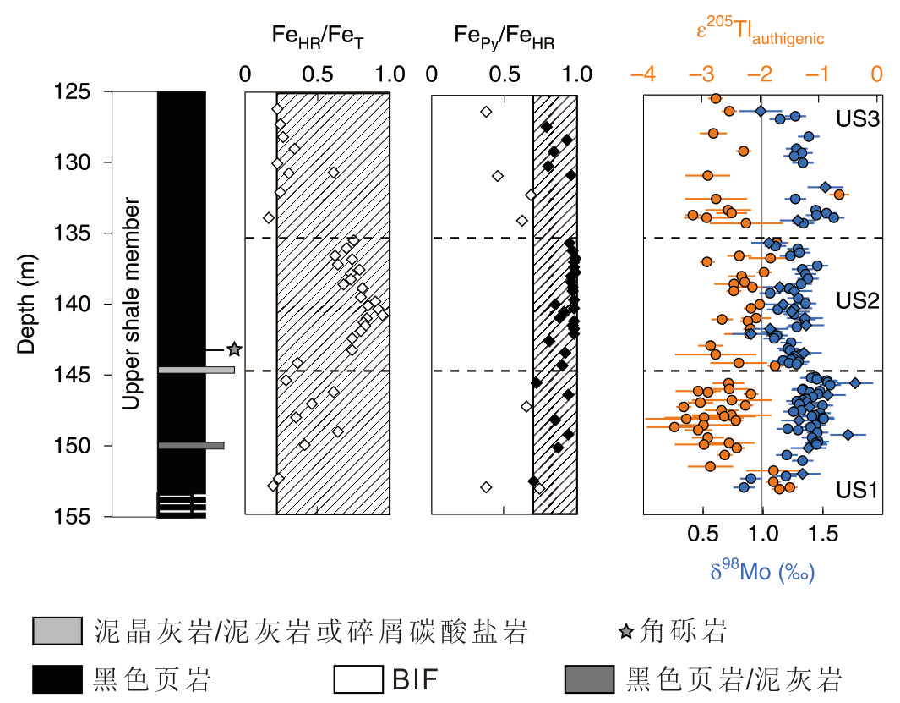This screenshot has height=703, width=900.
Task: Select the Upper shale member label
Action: pos(131,303)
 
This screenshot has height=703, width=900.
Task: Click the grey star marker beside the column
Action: pos(234,349)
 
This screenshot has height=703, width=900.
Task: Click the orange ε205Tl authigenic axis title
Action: pos(759,33)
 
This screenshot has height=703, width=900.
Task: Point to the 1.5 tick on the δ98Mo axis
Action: pos(823,535)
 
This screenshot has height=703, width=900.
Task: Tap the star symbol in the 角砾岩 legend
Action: pos(625,631)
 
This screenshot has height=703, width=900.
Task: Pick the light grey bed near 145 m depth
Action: pos(196,370)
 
